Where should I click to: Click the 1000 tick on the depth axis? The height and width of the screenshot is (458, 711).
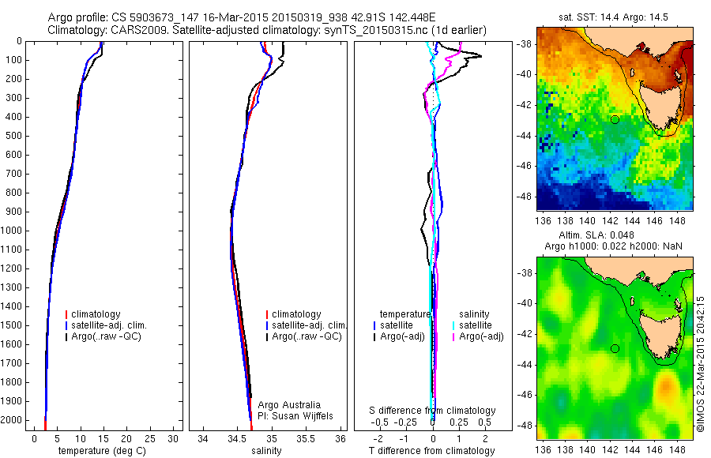15,231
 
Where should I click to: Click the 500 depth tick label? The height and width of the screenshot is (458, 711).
15,136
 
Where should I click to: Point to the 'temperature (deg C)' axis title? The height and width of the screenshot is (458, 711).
103,451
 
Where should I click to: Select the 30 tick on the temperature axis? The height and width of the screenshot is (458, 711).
175,438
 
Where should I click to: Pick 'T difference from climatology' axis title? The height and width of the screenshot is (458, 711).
433,451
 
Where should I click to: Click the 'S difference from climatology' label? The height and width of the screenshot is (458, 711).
433,411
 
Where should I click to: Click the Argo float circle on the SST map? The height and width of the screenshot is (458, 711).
615,120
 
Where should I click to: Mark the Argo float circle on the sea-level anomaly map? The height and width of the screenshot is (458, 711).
615,348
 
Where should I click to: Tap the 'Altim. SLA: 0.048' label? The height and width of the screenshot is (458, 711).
615,235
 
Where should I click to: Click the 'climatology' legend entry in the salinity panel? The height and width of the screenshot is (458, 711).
295,314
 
